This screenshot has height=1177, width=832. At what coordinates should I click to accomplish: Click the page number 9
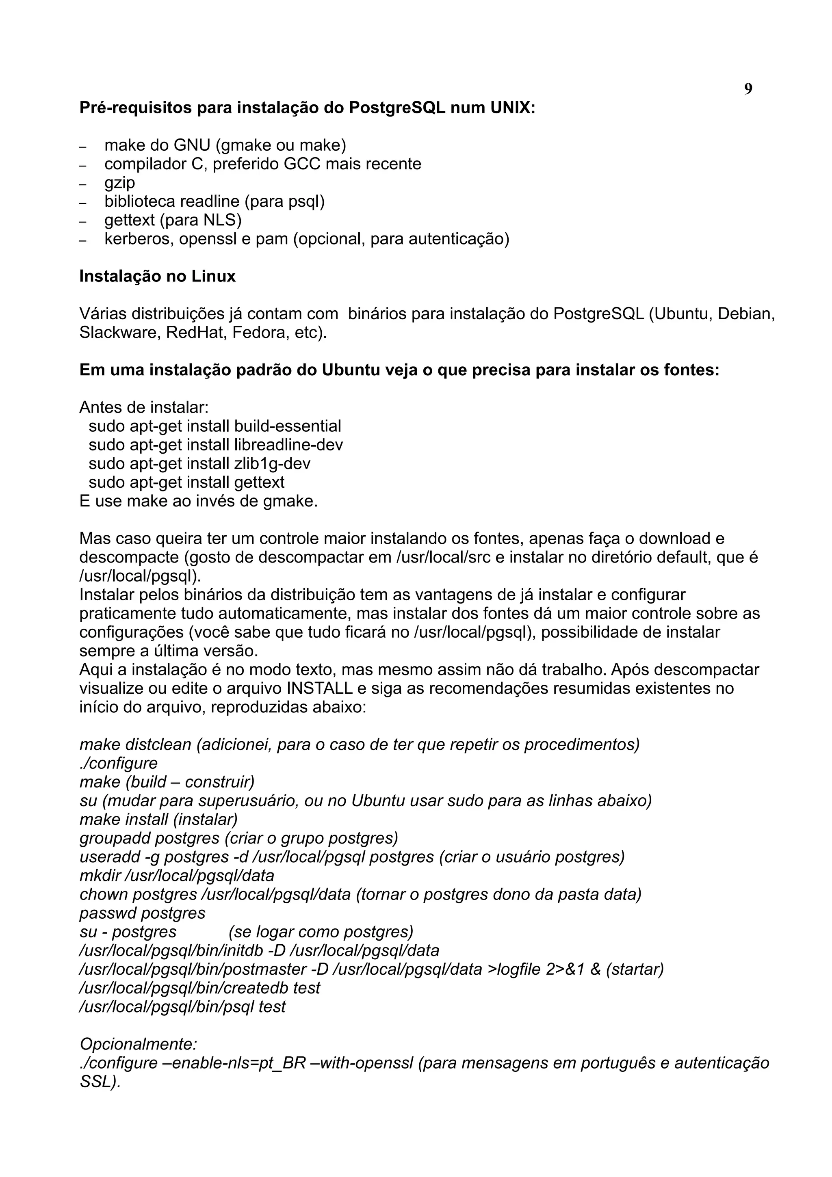click(x=748, y=89)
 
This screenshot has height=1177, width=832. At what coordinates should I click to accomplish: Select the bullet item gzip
click(x=119, y=182)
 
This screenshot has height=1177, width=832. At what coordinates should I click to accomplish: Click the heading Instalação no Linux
click(x=157, y=276)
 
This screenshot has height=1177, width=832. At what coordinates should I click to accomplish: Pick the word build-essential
click(x=287, y=426)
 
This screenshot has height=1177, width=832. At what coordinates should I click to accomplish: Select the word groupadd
click(x=115, y=838)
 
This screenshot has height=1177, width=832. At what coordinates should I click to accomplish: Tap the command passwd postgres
click(x=143, y=913)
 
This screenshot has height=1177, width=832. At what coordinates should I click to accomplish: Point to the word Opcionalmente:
click(x=139, y=1044)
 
